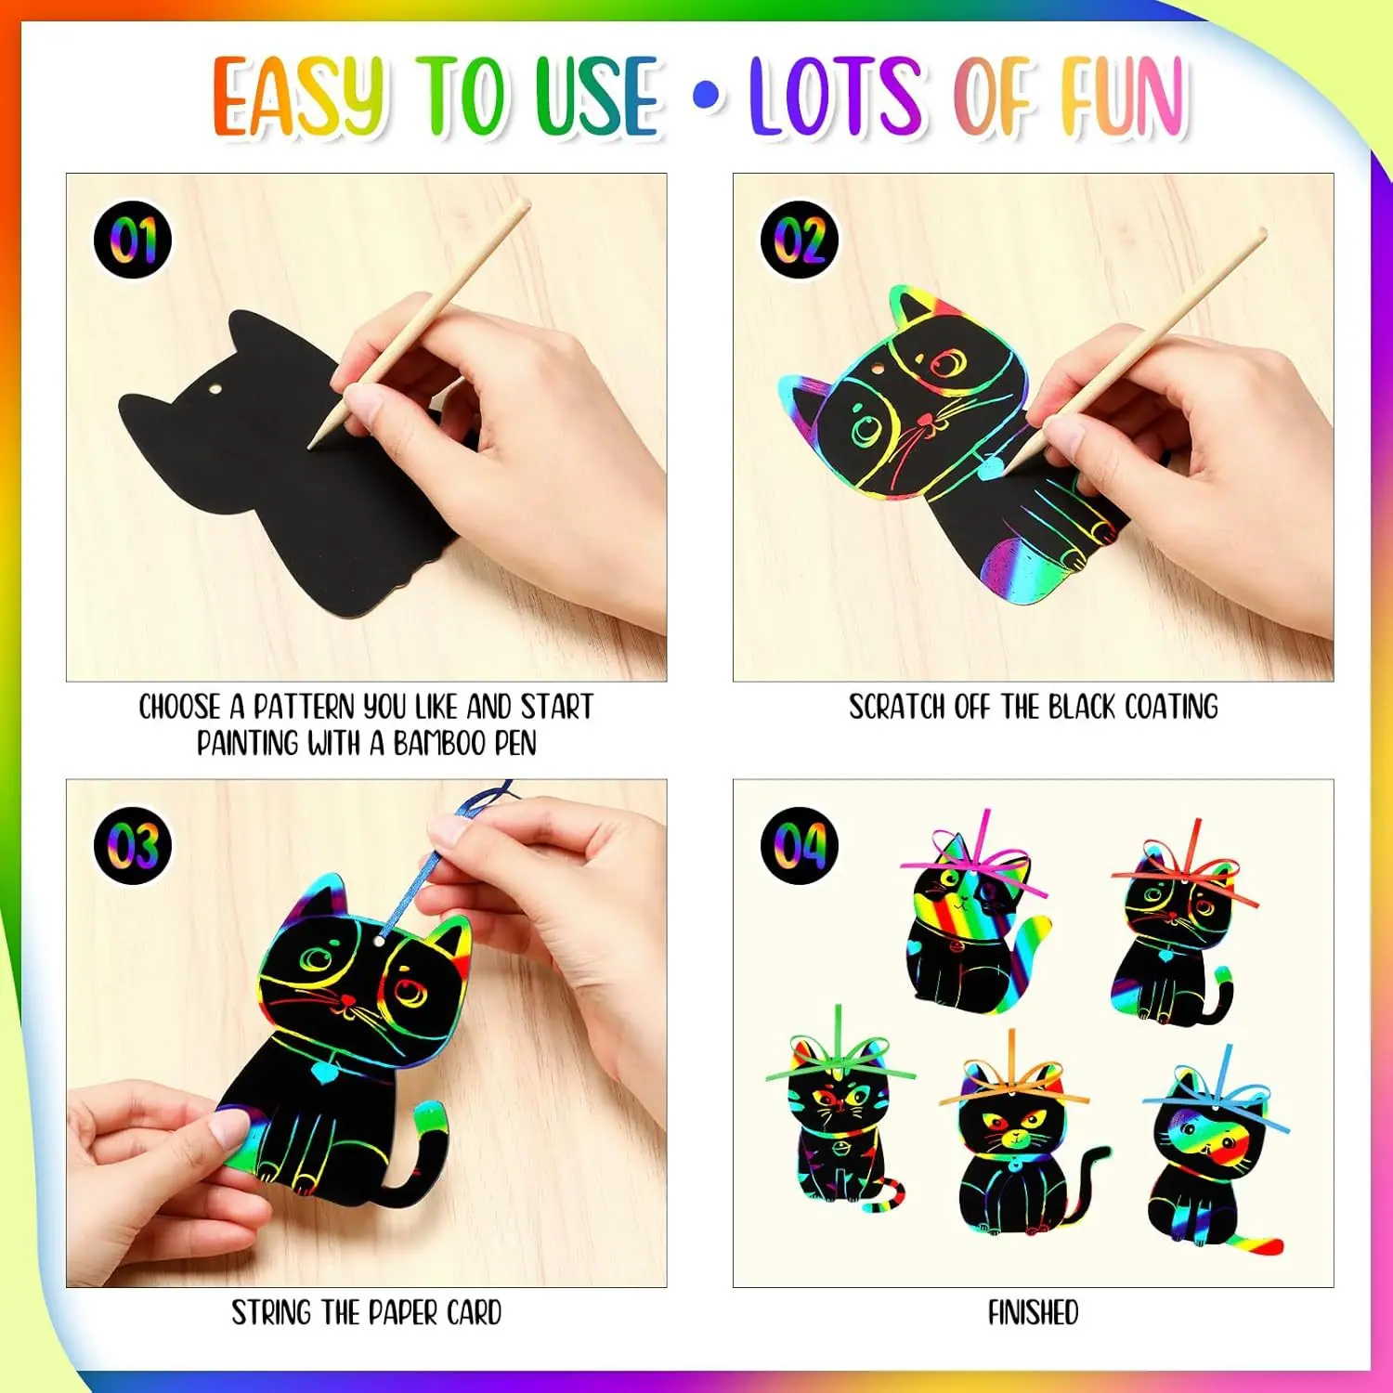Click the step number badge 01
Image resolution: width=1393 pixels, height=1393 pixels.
(134, 240)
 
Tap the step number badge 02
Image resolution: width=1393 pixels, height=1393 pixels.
(800, 240)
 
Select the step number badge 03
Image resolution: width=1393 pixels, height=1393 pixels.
(134, 845)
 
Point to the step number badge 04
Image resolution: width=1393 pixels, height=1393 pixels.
(800, 845)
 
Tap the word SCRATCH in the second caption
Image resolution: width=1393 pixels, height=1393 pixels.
(898, 708)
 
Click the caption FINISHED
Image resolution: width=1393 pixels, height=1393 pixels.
(1034, 1313)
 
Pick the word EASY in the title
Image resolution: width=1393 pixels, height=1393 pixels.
(299, 95)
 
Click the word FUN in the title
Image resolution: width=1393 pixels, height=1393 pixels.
(1126, 95)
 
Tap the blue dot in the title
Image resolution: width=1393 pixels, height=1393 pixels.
(708, 95)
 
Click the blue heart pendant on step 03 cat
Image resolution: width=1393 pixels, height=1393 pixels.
(323, 1074)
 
